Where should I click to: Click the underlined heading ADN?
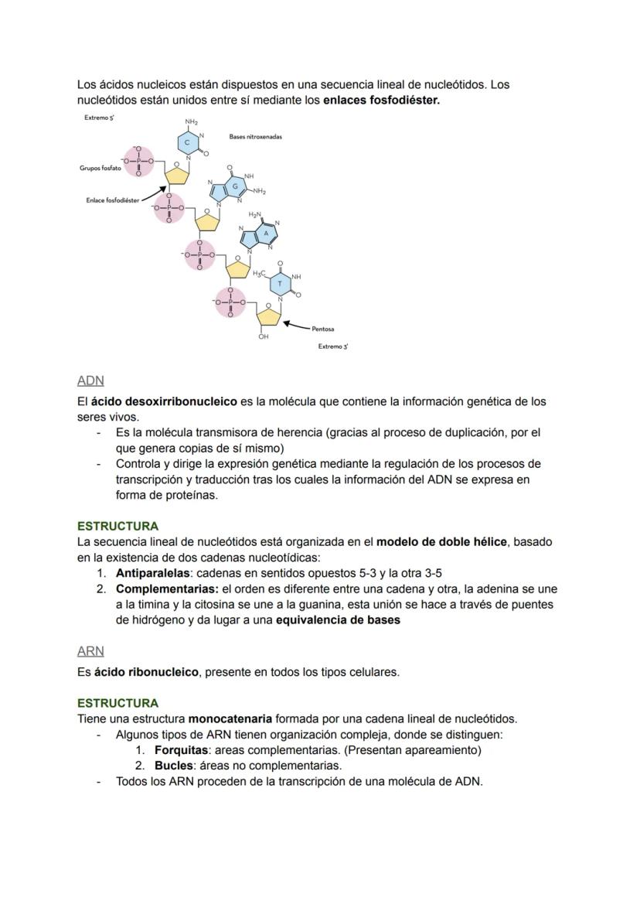(90, 380)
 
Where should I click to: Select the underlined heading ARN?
(90, 651)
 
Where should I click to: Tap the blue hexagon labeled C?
(187, 143)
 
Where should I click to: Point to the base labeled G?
(235, 186)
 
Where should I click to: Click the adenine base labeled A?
(266, 232)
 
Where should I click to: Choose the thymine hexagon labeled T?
(280, 284)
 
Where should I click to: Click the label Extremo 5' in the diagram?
(100, 118)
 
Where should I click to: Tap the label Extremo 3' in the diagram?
(333, 346)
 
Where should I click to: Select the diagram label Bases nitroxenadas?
(255, 136)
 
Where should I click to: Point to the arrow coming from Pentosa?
(296, 325)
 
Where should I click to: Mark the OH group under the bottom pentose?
(264, 337)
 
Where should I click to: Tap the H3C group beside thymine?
(258, 273)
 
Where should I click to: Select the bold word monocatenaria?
(230, 718)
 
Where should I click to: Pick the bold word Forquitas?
(182, 750)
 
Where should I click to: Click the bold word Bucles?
(173, 766)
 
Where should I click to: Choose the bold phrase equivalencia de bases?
(338, 620)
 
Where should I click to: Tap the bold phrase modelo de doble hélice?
(441, 542)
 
